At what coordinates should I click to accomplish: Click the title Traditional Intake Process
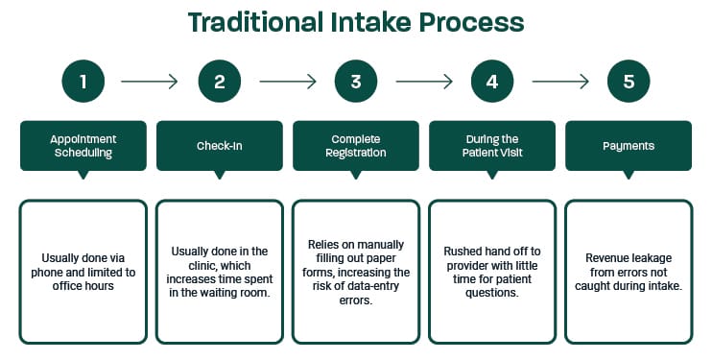point(356,21)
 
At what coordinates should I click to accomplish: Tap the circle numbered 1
point(83,82)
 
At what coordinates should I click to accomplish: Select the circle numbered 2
point(220,82)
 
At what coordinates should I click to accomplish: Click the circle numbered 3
point(356,82)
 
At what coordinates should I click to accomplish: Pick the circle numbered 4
point(492,82)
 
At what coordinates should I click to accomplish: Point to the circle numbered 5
point(629,82)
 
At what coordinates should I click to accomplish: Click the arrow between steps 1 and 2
point(152,82)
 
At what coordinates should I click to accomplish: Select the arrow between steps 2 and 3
point(288,82)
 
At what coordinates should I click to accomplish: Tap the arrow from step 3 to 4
point(424,82)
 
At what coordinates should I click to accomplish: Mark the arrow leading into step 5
point(560,82)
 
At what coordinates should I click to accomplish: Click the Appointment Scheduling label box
point(83,145)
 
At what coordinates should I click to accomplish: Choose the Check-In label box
point(220,145)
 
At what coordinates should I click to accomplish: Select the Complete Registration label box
point(356,145)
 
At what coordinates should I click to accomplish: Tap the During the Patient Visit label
point(492,145)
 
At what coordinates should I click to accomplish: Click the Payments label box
point(629,145)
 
